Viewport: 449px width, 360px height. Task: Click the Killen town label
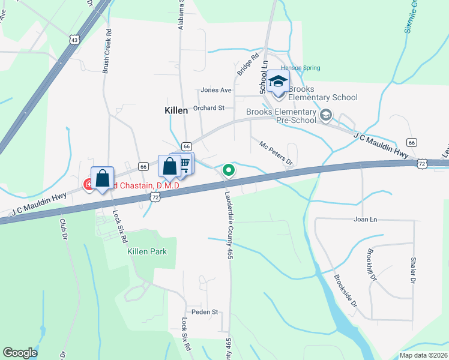(x=176, y=110)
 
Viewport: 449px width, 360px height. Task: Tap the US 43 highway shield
(x=74, y=40)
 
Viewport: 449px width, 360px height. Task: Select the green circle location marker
(x=229, y=170)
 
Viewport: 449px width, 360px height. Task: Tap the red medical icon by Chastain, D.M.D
(x=88, y=185)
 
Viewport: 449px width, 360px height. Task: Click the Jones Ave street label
(x=216, y=91)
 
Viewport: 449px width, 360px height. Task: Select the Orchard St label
(x=208, y=109)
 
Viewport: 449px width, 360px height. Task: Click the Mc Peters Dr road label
(x=276, y=153)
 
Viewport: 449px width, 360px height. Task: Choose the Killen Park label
(x=146, y=252)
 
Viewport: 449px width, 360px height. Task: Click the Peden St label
(x=204, y=312)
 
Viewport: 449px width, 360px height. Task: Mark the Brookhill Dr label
(x=372, y=265)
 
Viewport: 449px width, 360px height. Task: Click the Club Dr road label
(x=62, y=230)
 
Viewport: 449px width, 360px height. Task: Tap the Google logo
(x=20, y=353)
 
